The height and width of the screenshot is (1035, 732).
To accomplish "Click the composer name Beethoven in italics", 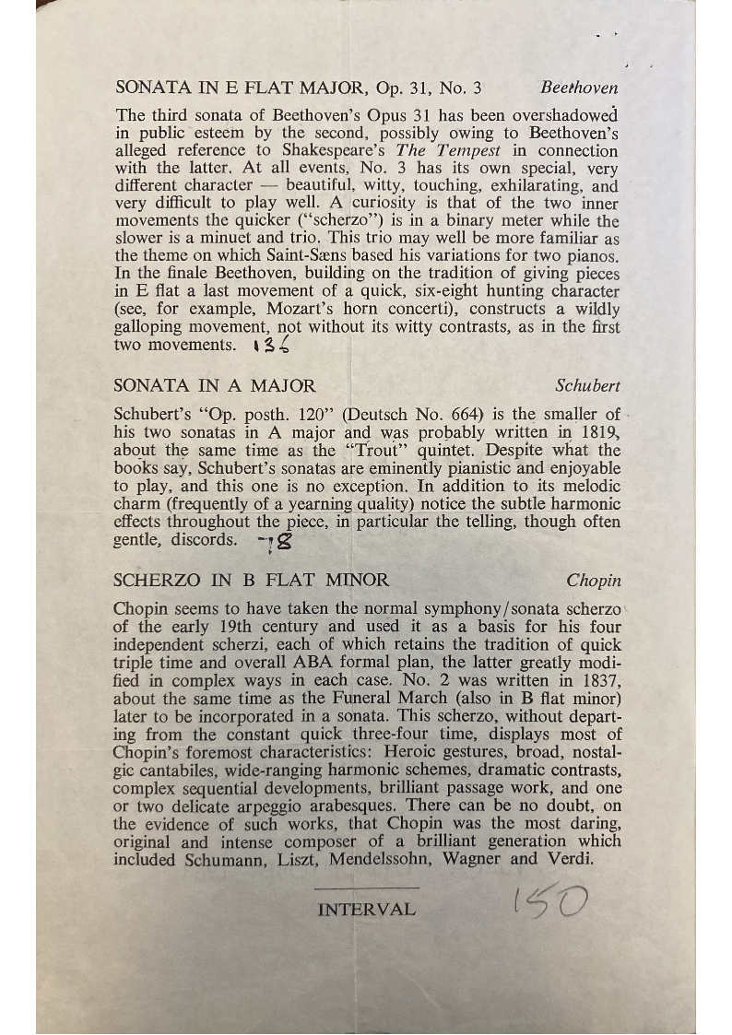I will (579, 88).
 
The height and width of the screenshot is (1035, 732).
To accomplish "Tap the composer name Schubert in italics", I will (588, 386).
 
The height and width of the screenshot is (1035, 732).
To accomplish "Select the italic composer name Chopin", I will (594, 581).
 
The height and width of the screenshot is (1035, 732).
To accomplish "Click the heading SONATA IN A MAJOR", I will (214, 386).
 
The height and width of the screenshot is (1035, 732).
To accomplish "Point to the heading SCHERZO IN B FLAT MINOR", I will (251, 581).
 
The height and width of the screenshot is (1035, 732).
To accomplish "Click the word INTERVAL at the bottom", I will (366, 910).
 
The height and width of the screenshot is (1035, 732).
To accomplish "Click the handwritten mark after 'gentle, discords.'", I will (268, 541).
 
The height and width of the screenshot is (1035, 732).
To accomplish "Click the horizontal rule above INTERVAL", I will (366, 888).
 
